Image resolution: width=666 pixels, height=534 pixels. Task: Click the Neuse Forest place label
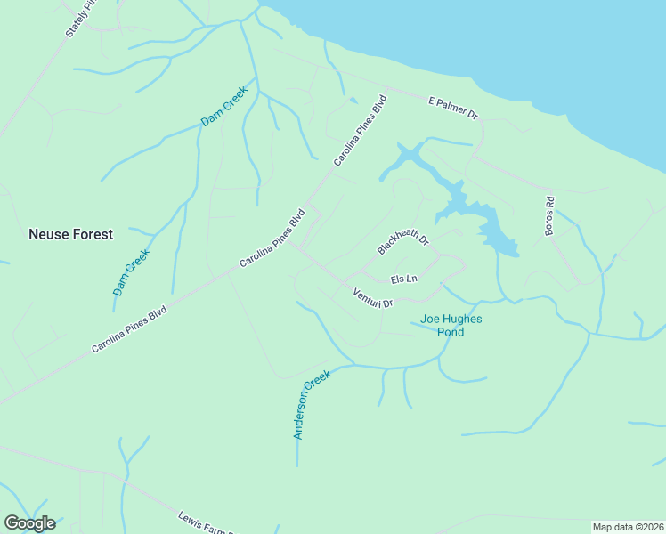click(70, 235)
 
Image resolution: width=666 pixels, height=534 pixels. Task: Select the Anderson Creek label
click(312, 404)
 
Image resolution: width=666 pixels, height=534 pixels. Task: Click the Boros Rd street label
click(549, 216)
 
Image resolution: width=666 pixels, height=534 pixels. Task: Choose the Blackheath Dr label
click(403, 240)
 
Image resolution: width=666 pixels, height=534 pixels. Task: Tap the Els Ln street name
click(404, 279)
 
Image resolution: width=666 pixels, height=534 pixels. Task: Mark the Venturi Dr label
click(372, 298)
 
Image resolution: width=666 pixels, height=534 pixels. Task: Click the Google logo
click(29, 523)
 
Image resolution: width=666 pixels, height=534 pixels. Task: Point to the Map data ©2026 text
click(629, 527)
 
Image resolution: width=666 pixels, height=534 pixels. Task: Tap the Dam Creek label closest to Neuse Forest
click(132, 271)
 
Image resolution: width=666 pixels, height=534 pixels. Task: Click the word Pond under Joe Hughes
click(451, 332)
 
